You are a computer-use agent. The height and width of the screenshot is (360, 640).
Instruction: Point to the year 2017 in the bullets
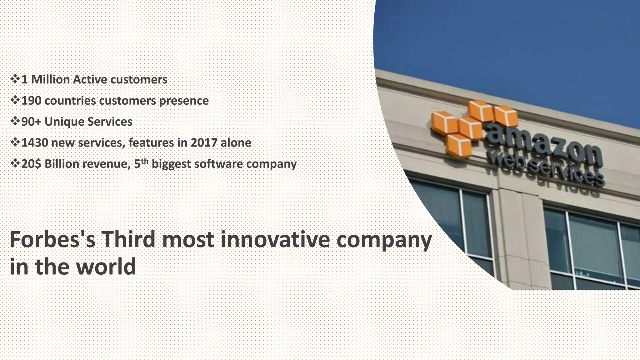pyautogui.click(x=204, y=143)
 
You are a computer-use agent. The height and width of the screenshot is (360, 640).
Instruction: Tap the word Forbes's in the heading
pyautogui.click(x=52, y=239)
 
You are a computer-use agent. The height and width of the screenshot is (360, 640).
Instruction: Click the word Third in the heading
pyautogui.click(x=128, y=239)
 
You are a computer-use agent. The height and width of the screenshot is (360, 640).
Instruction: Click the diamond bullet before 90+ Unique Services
pyautogui.click(x=15, y=121)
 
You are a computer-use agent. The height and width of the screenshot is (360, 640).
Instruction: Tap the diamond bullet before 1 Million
pyautogui.click(x=15, y=79)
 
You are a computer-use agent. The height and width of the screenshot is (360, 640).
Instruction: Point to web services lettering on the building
pyautogui.click(x=545, y=170)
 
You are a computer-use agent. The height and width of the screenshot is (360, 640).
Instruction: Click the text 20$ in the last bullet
pyautogui.click(x=31, y=164)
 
